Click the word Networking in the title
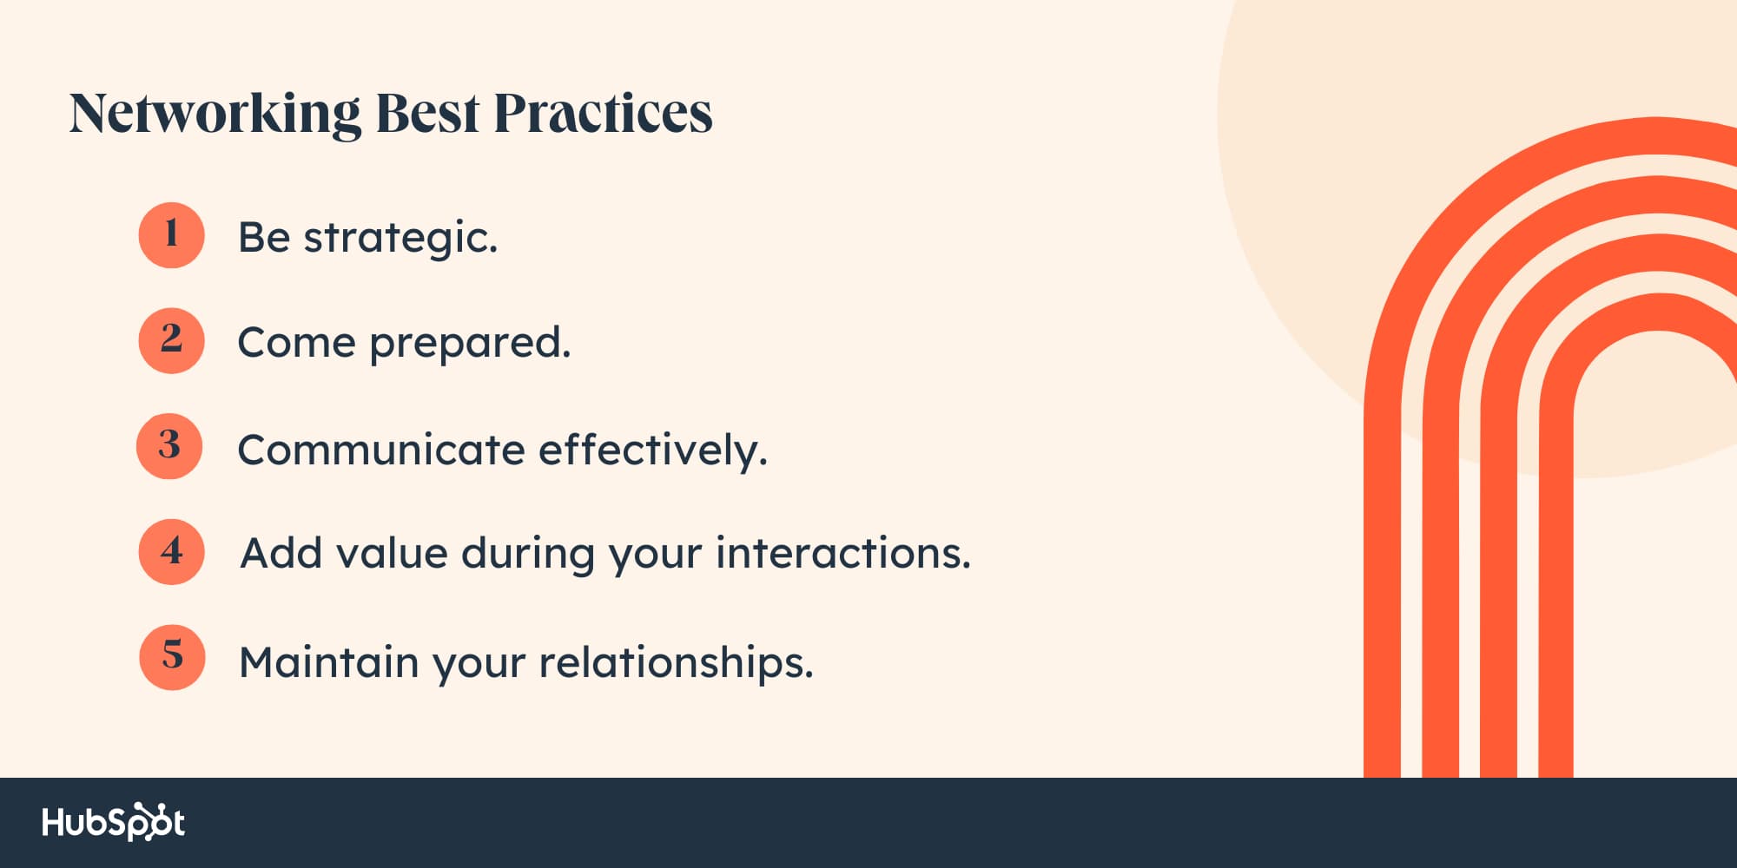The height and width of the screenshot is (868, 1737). pos(215,115)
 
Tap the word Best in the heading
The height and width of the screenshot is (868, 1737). pos(426,113)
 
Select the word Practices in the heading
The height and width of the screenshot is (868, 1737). pos(603,113)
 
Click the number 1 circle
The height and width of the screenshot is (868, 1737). pos(171,235)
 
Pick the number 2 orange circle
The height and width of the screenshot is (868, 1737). pos(171,340)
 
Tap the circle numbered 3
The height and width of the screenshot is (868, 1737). pos(169,446)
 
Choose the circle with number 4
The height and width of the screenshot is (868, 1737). pos(171,552)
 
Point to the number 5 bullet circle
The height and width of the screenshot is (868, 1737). pos(172,657)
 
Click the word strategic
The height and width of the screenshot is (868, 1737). pos(400,239)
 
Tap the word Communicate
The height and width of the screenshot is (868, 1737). pos(381,450)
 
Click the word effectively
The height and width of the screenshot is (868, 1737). pos(653,450)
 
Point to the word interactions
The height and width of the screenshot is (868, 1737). pos(843,553)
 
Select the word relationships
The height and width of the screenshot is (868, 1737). pos(677,663)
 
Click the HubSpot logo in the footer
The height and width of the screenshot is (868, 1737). pos(114,822)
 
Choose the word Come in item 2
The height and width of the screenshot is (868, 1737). pos(296,343)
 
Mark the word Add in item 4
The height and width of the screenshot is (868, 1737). pos(281,553)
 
